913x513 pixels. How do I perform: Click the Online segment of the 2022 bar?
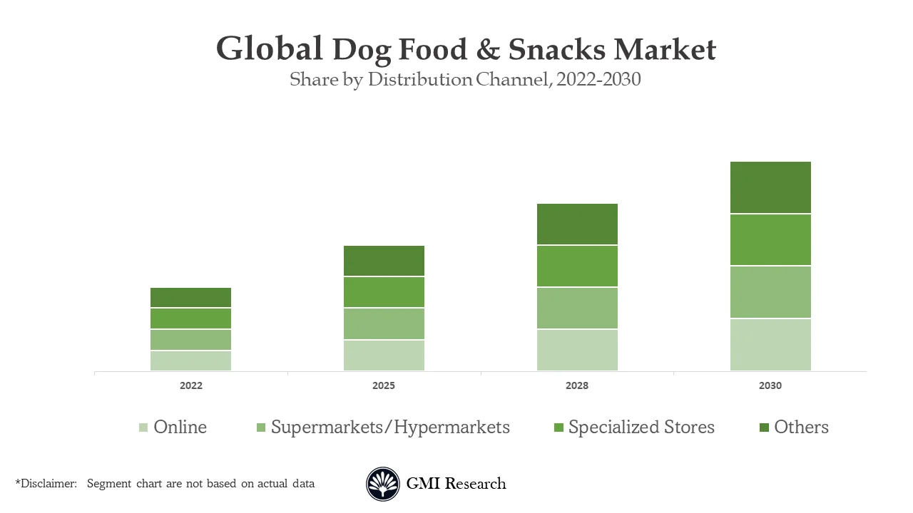(x=190, y=361)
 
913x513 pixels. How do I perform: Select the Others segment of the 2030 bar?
(x=770, y=187)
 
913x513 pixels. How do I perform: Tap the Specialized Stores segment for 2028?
(x=577, y=266)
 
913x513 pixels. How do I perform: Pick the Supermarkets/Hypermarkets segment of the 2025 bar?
(x=384, y=323)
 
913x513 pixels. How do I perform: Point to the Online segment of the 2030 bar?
(x=770, y=344)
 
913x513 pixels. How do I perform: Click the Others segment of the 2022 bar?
(x=190, y=297)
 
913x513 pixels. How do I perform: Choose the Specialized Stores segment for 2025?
(x=384, y=292)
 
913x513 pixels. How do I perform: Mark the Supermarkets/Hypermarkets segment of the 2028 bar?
(x=577, y=308)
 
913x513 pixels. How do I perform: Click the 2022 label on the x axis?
(x=190, y=385)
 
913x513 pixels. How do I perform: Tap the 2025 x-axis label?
(x=384, y=385)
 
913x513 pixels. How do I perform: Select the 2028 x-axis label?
(x=577, y=385)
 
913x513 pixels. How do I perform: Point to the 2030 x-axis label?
(x=770, y=385)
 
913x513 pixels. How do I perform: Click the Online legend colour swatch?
(x=143, y=427)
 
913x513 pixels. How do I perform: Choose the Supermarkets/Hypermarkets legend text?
(x=390, y=427)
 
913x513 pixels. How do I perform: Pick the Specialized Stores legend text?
(x=641, y=427)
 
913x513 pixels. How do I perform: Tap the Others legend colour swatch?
(x=764, y=427)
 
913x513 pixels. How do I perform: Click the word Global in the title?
(x=269, y=50)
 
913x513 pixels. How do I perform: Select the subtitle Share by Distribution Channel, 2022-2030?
(x=465, y=79)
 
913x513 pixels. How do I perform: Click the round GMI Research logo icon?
(x=383, y=484)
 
